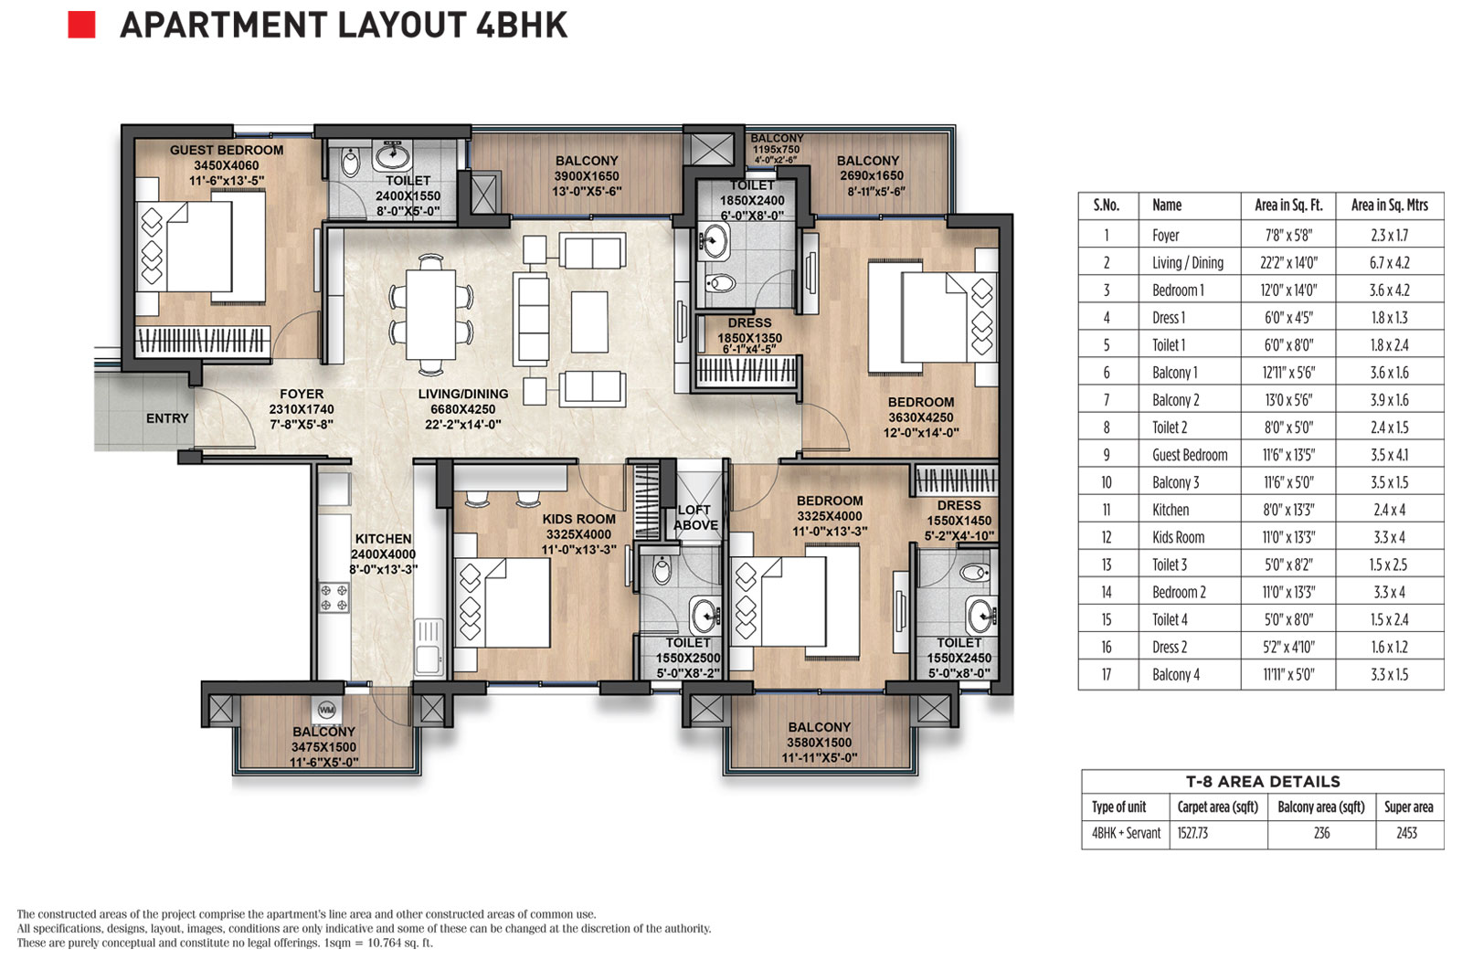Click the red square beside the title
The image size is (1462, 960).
[x=81, y=25]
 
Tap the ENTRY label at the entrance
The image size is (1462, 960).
[x=167, y=418]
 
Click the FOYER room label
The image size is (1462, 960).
[x=302, y=395]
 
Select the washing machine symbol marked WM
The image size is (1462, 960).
[x=325, y=710]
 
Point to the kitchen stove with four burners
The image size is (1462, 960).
[x=334, y=597]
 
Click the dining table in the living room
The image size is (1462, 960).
[x=430, y=314]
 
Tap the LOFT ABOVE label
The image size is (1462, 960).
[x=695, y=518]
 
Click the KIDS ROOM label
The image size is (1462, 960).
[x=579, y=519]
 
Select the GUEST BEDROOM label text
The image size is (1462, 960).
[x=227, y=150]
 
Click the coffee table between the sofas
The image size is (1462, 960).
[x=589, y=322]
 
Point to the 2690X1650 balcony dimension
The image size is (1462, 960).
[x=872, y=175]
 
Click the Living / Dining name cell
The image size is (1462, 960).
[x=1188, y=262]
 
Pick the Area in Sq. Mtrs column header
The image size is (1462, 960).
[x=1390, y=205]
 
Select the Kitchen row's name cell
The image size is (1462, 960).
[x=1171, y=510]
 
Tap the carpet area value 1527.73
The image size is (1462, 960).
[x=1192, y=833]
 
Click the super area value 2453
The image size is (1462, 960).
[x=1406, y=833]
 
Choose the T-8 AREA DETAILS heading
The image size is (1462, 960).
[x=1263, y=782]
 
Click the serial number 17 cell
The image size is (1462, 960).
[x=1107, y=675]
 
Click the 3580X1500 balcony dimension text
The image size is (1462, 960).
[x=819, y=743]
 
